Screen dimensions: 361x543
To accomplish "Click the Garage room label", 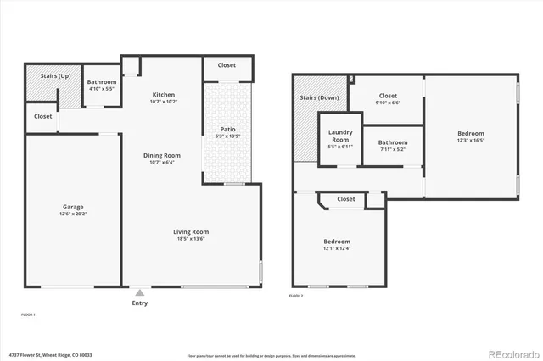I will click(x=72, y=207).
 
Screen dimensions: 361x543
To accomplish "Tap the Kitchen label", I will click(x=164, y=94).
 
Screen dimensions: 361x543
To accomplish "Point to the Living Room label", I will click(x=191, y=231).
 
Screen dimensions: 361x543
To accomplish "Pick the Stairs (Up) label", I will click(x=55, y=76).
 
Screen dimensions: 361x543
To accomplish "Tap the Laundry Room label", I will click(x=339, y=136).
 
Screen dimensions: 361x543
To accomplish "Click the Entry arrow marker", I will click(x=139, y=292).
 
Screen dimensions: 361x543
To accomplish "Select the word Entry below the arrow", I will click(x=139, y=303).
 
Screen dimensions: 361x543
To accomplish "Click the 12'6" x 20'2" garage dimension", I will click(x=72, y=214).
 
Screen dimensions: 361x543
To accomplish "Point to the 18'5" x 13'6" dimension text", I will click(x=191, y=239).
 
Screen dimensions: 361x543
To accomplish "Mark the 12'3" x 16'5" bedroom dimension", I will click(x=471, y=141).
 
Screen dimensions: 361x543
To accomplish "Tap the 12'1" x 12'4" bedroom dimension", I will click(x=337, y=249).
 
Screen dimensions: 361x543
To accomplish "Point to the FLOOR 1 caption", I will click(x=28, y=314).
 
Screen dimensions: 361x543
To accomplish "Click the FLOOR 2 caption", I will click(x=296, y=296).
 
